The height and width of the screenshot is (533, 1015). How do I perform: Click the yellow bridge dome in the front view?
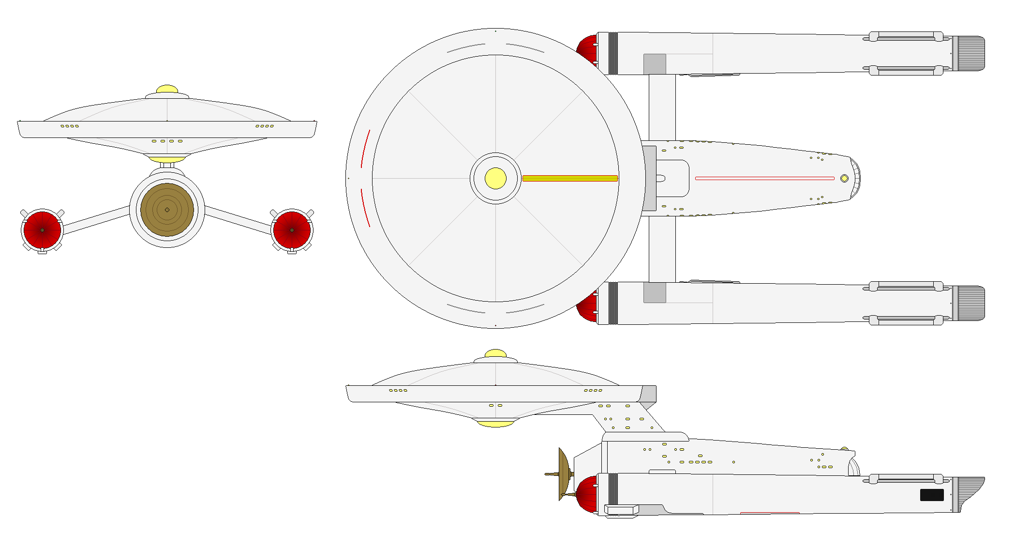click(167, 90)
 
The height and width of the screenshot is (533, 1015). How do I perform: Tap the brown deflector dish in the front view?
click(167, 210)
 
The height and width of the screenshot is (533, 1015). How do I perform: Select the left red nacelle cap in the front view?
click(42, 230)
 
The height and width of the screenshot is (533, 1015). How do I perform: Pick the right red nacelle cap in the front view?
click(292, 230)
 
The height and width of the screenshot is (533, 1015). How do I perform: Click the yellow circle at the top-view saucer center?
click(495, 178)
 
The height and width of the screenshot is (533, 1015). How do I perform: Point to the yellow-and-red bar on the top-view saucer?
click(570, 178)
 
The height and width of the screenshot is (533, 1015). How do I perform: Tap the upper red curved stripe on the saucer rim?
click(365, 149)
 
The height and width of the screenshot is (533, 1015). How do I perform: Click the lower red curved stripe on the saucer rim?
click(365, 208)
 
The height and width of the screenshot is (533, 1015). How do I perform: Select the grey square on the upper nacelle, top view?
click(655, 64)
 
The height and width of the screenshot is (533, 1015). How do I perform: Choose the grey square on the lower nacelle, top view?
click(655, 293)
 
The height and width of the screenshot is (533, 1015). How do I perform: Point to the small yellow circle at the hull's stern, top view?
click(844, 178)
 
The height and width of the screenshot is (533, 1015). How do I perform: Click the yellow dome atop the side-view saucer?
click(495, 353)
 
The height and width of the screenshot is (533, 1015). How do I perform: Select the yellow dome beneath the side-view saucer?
click(495, 424)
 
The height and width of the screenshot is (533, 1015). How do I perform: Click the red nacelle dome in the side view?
click(587, 495)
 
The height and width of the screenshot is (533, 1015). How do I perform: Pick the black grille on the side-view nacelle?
click(932, 495)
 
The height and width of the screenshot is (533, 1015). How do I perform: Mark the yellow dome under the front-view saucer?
click(167, 159)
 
